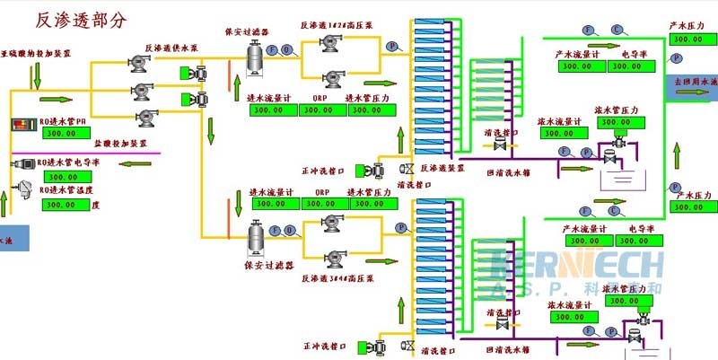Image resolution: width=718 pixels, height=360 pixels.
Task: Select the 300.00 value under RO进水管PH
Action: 60,133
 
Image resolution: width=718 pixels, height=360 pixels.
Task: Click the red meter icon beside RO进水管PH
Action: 20,122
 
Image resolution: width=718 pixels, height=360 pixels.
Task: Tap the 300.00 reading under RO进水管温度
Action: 60,205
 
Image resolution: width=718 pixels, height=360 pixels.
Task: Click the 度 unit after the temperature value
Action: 94,205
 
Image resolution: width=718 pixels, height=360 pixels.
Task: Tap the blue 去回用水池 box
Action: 696,83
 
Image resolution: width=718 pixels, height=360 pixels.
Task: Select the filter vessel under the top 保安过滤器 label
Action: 259,57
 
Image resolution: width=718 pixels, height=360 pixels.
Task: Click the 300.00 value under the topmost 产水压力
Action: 688,40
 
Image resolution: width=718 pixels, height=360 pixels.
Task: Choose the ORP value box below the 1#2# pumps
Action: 321,110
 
